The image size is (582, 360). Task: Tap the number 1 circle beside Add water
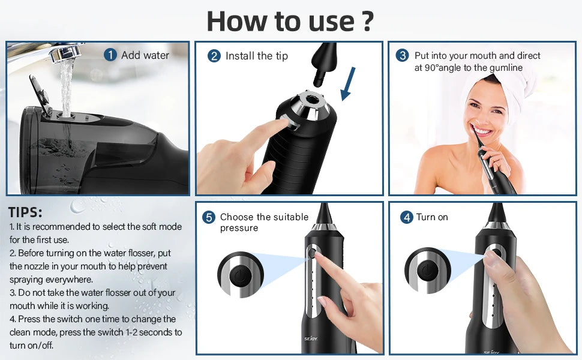[110, 55]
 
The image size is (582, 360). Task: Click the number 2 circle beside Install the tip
[214, 56]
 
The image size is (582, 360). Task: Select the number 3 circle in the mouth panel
[403, 56]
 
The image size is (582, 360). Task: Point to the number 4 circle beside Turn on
[407, 217]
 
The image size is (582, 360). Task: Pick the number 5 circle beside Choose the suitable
[209, 217]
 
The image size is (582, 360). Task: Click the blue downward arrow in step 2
[348, 84]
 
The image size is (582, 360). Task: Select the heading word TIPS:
[26, 212]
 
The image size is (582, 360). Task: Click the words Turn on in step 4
[432, 217]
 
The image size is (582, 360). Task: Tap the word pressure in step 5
[239, 228]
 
